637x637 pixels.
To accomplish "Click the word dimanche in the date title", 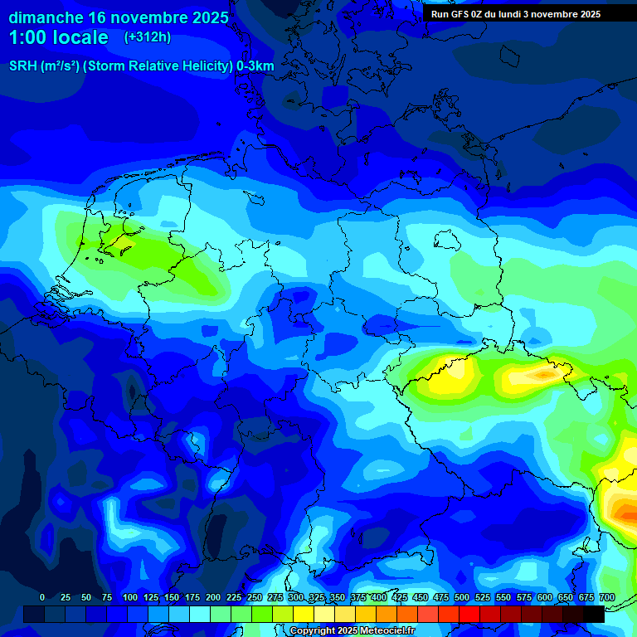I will (x=46, y=17).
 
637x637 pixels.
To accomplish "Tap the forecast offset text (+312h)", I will (x=147, y=37).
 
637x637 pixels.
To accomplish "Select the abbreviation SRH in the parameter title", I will (x=22, y=66).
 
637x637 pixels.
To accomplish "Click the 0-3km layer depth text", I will (x=255, y=66).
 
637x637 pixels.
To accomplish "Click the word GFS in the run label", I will (x=458, y=14).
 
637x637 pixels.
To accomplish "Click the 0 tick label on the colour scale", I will (x=42, y=597).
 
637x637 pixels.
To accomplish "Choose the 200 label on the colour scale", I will (x=213, y=597).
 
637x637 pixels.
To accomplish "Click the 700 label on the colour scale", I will (x=606, y=597).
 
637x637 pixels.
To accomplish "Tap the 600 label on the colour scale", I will (x=545, y=597).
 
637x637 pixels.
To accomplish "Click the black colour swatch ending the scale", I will (x=594, y=614).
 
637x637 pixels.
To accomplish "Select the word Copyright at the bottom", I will (x=311, y=631).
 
